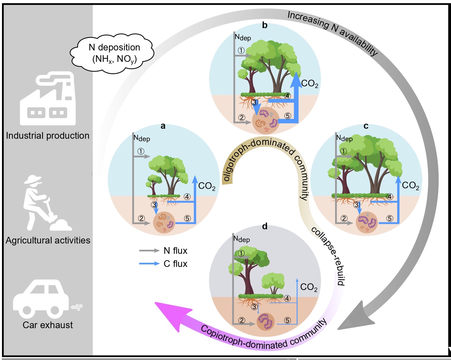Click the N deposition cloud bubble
pyautogui.click(x=113, y=53)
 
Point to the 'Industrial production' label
pyautogui.click(x=48, y=136)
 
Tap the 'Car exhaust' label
pyautogui.click(x=48, y=325)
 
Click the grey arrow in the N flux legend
pyautogui.click(x=149, y=251)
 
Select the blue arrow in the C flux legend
pyautogui.click(x=149, y=264)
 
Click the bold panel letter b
pyautogui.click(x=265, y=25)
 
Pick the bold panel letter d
pyautogui.click(x=265, y=226)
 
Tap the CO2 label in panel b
pyautogui.click(x=310, y=83)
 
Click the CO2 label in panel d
pyautogui.click(x=309, y=287)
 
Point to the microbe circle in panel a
pyautogui.click(x=164, y=222)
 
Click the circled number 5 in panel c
pyautogui.click(x=390, y=218)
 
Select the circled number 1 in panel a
pyautogui.click(x=141, y=151)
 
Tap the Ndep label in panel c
pyautogui.click(x=344, y=138)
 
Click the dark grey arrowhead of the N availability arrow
pyautogui.click(x=354, y=318)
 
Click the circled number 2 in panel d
pyautogui.click(x=242, y=320)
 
